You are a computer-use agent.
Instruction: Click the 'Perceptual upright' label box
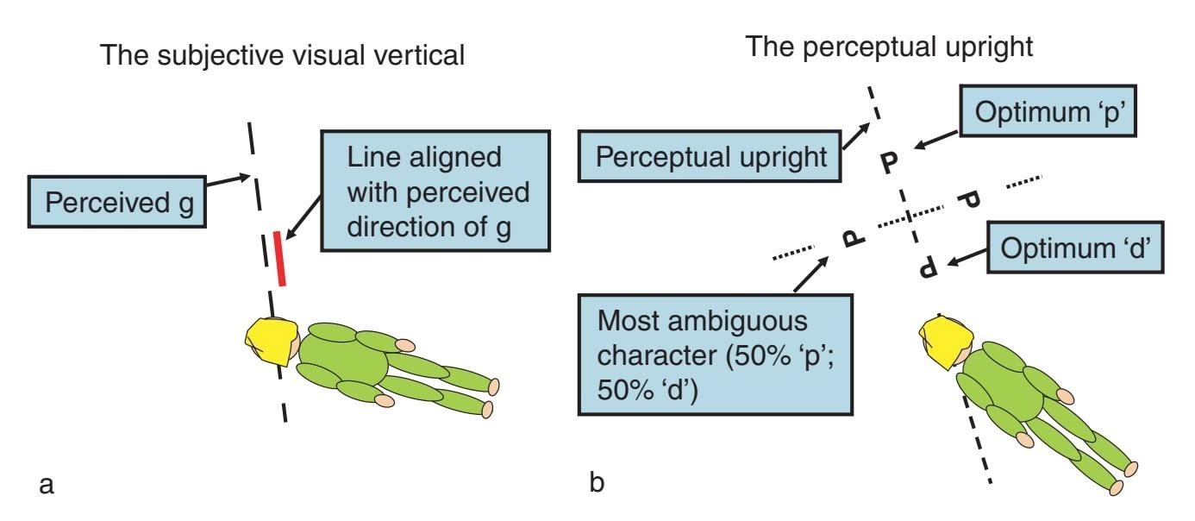click(710, 157)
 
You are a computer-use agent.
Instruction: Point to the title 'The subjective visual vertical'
click(283, 57)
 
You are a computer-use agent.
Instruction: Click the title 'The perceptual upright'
click(889, 46)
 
